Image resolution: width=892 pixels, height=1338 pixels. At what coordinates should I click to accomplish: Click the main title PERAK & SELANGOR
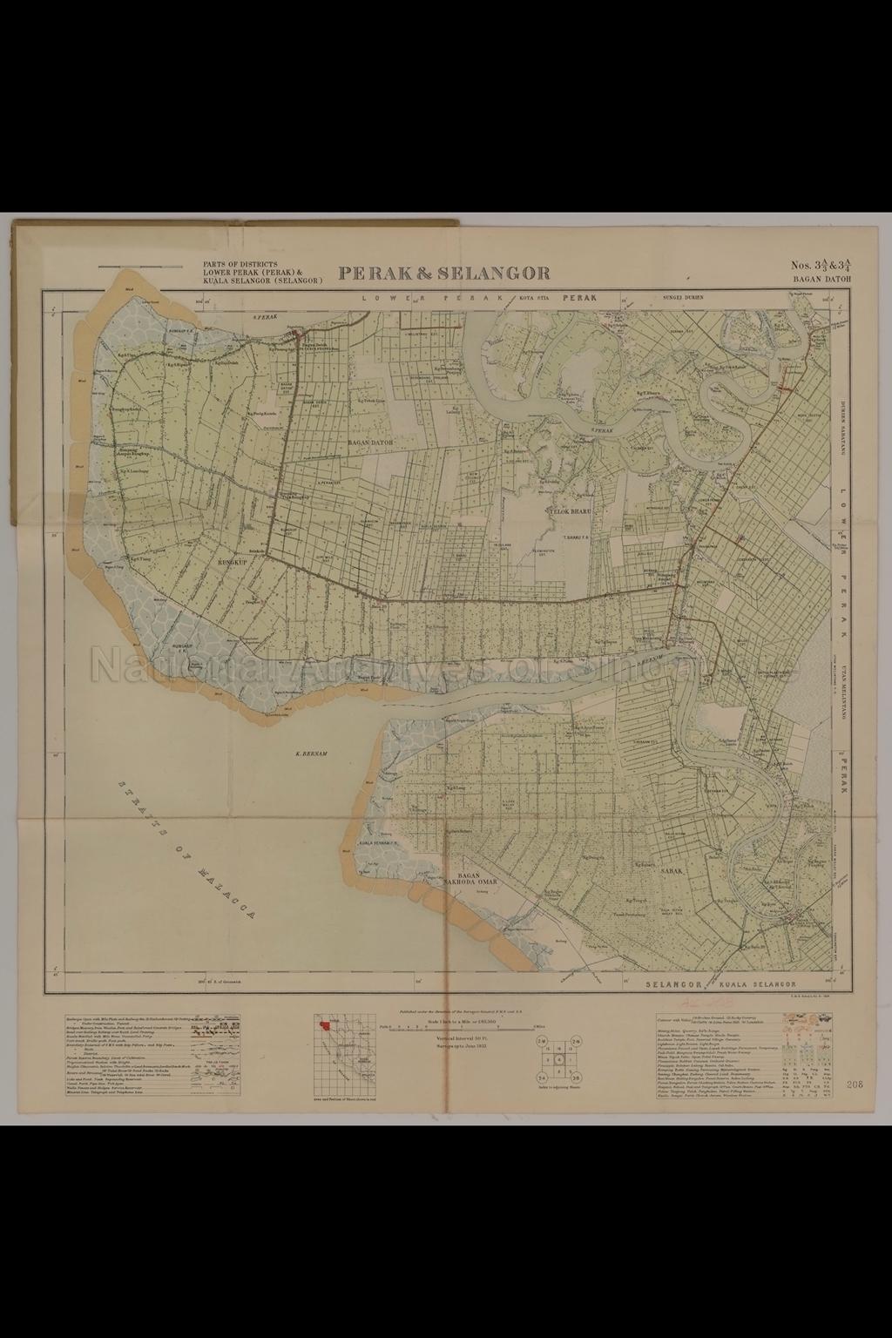(444, 273)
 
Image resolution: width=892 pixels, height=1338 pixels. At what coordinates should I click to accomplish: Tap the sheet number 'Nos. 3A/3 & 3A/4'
(821, 266)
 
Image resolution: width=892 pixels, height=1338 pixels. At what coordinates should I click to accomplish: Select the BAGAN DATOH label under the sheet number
(821, 280)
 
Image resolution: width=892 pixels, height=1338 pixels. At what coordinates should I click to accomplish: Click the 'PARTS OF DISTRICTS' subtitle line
(240, 263)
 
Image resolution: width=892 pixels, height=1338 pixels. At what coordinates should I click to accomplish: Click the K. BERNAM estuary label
(311, 750)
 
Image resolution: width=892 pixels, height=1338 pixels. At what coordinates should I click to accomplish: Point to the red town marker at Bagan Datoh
(299, 334)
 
